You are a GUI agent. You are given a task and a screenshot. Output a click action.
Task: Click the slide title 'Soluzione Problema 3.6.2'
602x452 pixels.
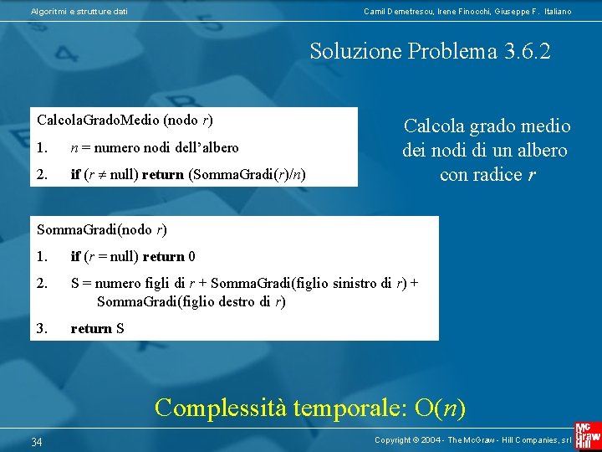(x=430, y=51)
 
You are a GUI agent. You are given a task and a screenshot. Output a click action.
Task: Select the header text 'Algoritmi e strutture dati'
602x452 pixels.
(x=79, y=11)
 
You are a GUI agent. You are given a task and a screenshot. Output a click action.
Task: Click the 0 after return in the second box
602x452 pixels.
(x=192, y=256)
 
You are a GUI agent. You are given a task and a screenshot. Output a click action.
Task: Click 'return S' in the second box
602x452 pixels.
(x=97, y=328)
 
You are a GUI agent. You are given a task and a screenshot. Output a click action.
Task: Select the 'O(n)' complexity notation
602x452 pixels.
(x=440, y=408)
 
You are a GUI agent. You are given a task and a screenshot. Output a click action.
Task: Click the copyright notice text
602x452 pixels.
(x=472, y=439)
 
